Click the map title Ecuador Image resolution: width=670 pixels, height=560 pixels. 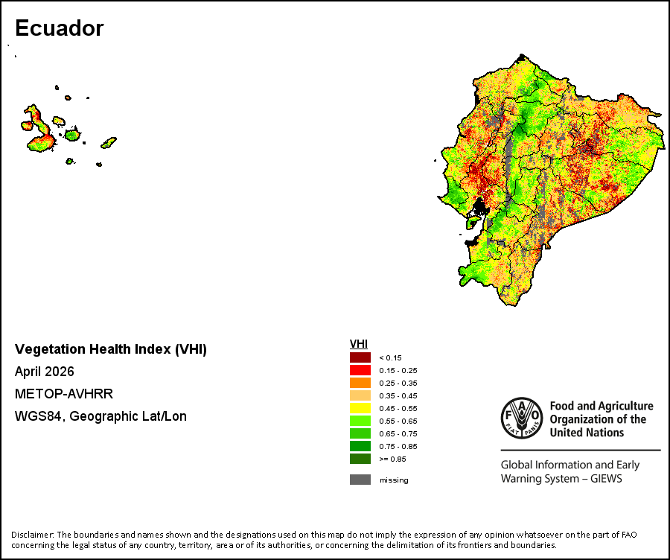[x=60, y=28]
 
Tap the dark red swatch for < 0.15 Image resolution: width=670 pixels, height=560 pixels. [x=360, y=357]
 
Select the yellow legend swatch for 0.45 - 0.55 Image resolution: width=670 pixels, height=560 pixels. [x=360, y=408]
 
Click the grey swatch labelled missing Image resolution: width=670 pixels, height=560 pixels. [x=360, y=480]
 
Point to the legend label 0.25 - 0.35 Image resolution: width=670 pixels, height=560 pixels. [x=398, y=383]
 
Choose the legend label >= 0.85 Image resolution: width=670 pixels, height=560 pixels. [x=392, y=459]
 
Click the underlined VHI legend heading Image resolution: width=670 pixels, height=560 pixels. [x=359, y=344]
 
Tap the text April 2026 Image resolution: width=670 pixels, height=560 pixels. [x=45, y=372]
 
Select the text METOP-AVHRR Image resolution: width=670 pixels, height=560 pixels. [x=64, y=394]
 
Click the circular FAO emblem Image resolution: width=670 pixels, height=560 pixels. [x=522, y=418]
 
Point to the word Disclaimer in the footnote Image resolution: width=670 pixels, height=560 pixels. [x=33, y=535]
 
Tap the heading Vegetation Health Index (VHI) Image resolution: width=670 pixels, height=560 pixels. [x=111, y=349]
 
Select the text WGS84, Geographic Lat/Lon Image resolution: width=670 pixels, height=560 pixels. [x=100, y=416]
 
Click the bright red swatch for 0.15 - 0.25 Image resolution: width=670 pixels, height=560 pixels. [x=360, y=370]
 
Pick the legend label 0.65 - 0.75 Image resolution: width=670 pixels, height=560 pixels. [x=398, y=433]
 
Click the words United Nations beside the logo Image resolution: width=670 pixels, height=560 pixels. [x=587, y=433]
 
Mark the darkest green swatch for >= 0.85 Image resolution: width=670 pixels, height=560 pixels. [x=360, y=459]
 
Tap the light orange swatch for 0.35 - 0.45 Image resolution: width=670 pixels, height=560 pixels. [x=360, y=395]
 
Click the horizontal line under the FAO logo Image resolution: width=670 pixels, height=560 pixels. [x=581, y=450]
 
